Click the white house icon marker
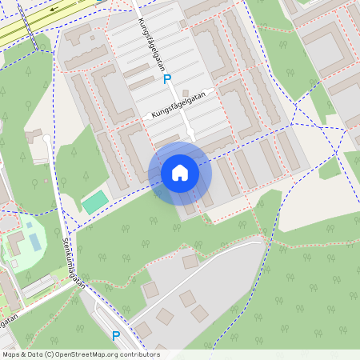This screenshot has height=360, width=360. (180, 173)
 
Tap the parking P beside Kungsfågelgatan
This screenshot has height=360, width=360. (167, 79)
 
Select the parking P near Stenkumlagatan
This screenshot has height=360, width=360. (116, 336)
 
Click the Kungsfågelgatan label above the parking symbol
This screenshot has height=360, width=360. (149, 46)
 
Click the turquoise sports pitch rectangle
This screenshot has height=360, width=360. (94, 202)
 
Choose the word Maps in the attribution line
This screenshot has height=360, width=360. (12, 354)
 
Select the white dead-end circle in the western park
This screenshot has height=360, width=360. (46, 139)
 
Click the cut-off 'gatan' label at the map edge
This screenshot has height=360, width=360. (8, 319)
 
